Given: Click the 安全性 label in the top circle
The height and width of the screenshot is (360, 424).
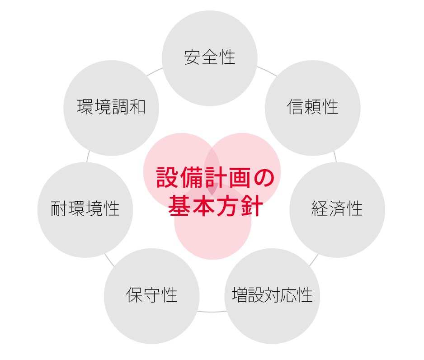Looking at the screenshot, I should coord(210,58).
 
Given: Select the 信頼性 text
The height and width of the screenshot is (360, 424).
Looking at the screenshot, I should coord(312,107).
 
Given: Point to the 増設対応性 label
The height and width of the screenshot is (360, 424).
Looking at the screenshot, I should coord(272,295).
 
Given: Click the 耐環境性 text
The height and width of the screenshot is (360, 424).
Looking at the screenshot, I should coord(85,209).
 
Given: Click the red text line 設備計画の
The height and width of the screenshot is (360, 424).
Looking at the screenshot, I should coord(215,178).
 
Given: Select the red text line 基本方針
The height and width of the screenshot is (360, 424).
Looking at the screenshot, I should coord(215,206).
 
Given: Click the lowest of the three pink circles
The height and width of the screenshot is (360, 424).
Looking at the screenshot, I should coord(212,240).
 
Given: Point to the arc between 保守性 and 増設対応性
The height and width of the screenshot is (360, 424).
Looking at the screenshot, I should coord(212,311).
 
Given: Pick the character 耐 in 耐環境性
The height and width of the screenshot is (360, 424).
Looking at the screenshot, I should coord(59,209).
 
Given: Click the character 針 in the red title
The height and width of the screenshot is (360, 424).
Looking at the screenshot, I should coord(252,206).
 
